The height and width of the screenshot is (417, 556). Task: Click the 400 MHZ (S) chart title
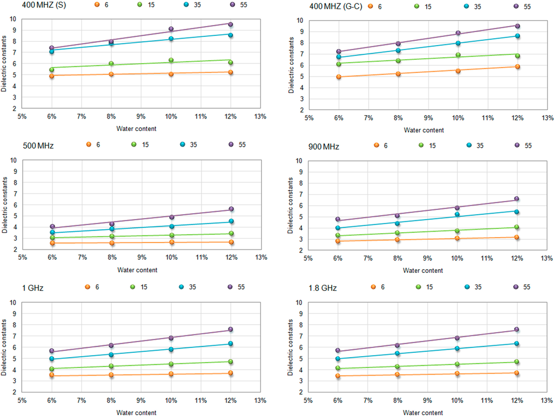(44, 5)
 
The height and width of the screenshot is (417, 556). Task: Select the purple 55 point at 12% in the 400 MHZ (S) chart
(230, 24)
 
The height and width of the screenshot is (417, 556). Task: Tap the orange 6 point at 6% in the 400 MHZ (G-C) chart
(339, 77)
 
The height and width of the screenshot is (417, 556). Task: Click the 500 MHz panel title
(39, 146)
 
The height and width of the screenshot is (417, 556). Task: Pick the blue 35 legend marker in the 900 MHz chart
(469, 145)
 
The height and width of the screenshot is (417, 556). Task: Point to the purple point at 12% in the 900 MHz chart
(517, 198)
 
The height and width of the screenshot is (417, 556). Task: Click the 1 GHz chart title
(33, 288)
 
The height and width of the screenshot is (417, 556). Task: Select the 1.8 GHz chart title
(323, 288)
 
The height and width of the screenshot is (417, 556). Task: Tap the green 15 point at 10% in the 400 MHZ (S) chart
(171, 60)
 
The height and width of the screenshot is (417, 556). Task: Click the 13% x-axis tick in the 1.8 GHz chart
(546, 400)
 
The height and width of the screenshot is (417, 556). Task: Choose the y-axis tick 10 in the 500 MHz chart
(14, 160)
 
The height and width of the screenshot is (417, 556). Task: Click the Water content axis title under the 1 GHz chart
(136, 413)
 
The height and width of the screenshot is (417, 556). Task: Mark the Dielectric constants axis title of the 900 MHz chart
(290, 206)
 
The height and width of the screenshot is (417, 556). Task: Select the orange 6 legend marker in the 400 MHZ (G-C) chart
(370, 7)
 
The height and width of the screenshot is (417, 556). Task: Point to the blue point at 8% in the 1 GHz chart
(111, 354)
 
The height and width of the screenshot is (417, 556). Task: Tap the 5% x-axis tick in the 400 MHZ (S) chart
(22, 116)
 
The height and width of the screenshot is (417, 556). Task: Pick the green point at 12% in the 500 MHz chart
(231, 233)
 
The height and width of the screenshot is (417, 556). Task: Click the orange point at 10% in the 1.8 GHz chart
(457, 374)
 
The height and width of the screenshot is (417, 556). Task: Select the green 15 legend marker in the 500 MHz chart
(134, 144)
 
